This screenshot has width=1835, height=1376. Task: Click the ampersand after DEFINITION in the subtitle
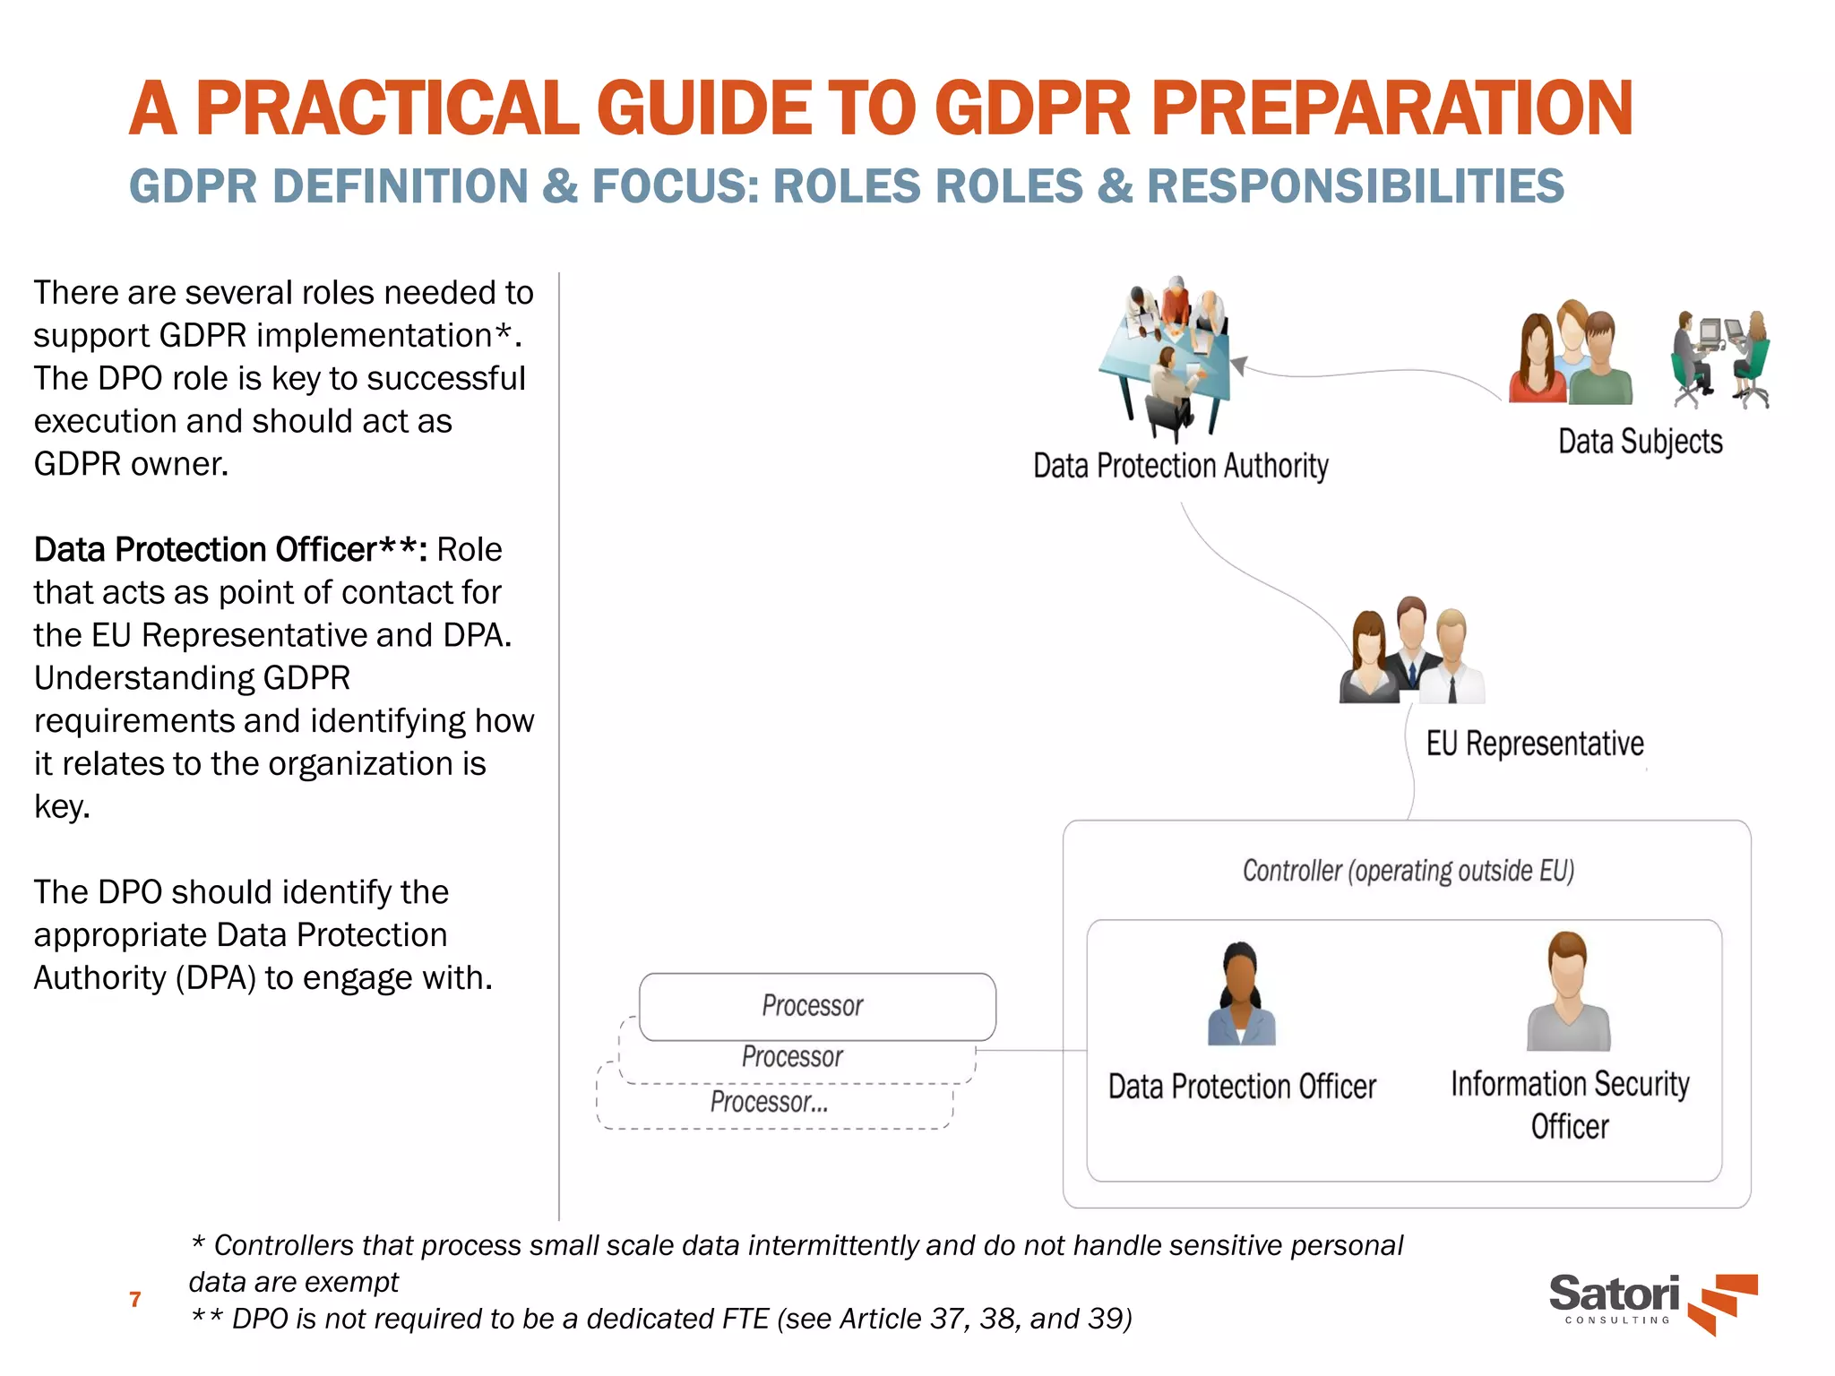(x=561, y=186)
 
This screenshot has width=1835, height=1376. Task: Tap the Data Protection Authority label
(x=1180, y=466)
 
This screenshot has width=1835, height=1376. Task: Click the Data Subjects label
(x=1640, y=442)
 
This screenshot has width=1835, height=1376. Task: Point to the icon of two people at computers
(x=1719, y=359)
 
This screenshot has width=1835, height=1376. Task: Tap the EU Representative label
(x=1534, y=744)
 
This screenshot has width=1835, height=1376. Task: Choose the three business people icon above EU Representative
(x=1412, y=651)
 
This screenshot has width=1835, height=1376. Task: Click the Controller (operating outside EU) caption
(x=1408, y=871)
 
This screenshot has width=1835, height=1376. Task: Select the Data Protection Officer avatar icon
(x=1241, y=994)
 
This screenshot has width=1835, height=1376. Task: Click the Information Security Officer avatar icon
(x=1568, y=992)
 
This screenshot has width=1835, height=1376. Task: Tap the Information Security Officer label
(x=1570, y=1105)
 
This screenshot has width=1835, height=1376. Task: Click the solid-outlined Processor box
(x=817, y=1006)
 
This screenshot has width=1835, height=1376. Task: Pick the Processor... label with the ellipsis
(x=769, y=1102)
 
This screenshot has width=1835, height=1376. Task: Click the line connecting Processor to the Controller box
(x=1030, y=1050)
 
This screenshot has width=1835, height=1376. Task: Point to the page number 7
(x=135, y=1299)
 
